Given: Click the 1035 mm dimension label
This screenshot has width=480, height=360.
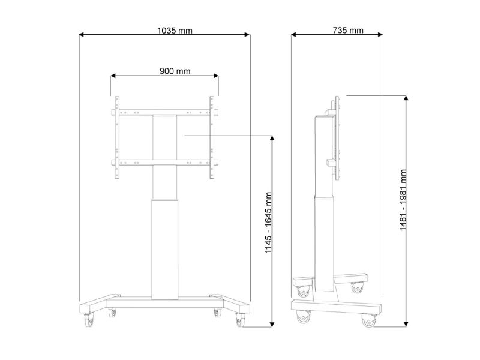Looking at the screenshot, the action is click(x=175, y=31).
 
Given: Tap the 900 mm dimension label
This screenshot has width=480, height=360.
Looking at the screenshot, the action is click(x=175, y=71).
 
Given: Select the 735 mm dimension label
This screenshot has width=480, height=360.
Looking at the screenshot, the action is click(x=348, y=31).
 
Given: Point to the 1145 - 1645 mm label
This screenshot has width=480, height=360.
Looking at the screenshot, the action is click(x=268, y=223).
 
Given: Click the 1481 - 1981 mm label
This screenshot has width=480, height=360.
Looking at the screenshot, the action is click(x=403, y=200).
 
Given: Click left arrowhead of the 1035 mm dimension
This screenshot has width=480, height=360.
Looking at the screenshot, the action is click(x=82, y=35).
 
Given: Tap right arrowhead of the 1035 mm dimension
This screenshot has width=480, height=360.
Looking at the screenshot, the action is click(x=247, y=35).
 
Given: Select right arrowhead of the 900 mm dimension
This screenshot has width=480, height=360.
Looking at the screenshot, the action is click(x=216, y=76).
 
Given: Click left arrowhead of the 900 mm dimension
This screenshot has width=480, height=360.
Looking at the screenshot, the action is click(x=113, y=76).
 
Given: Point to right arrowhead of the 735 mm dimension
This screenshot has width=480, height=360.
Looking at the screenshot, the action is click(x=380, y=35).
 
